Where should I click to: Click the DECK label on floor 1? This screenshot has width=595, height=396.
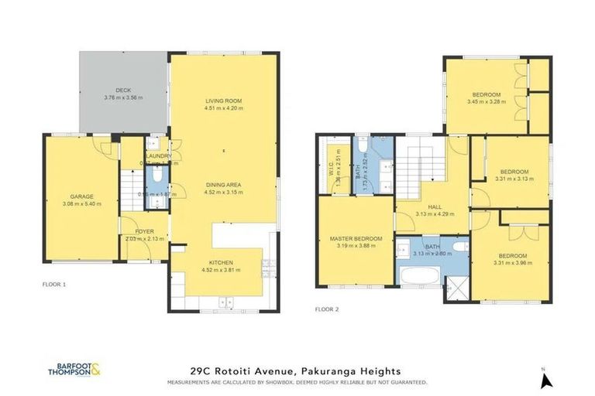119,90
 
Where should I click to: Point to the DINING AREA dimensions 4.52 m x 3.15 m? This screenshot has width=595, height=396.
224,193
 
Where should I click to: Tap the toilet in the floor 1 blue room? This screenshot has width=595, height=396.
156,177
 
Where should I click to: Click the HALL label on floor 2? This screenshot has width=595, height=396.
434,207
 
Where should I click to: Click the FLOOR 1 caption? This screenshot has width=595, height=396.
54,285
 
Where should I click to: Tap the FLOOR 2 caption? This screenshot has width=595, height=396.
328,309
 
